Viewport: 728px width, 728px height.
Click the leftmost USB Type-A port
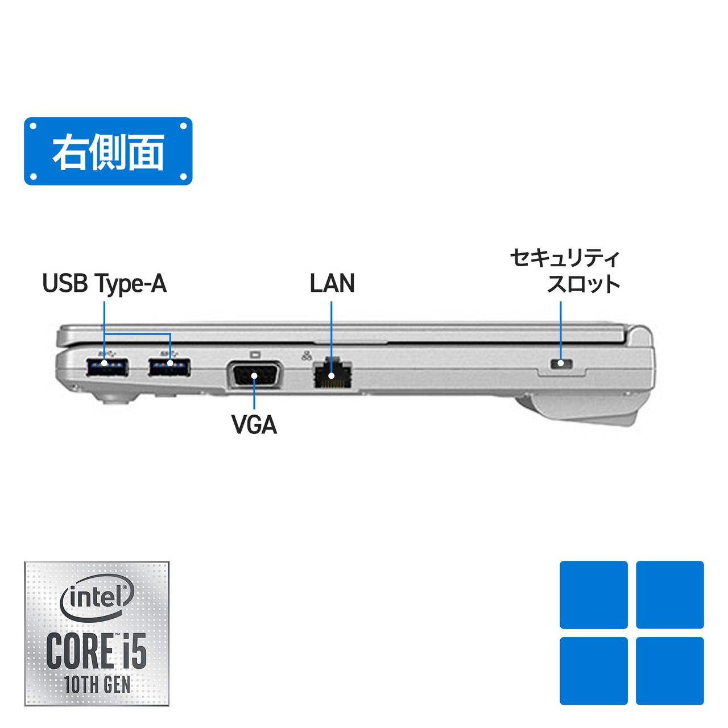point(107,367)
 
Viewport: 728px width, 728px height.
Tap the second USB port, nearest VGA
point(169,367)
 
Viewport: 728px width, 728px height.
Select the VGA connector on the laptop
point(254,375)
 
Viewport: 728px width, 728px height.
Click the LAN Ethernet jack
point(333,374)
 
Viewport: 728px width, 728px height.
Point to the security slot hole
point(561,363)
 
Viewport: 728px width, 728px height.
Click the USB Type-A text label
point(105,284)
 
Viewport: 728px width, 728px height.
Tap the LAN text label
point(332,283)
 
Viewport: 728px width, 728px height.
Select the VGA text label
point(254,425)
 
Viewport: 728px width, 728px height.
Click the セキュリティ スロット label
point(565,271)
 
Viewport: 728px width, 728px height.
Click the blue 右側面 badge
point(108,151)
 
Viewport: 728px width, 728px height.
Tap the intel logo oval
point(97,597)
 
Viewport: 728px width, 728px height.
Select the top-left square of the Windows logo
point(594,595)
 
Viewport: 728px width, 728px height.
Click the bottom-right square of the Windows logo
point(670,671)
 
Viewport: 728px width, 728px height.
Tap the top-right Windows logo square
point(670,595)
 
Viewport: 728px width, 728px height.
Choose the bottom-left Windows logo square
point(594,671)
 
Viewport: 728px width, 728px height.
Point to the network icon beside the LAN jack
point(307,356)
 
